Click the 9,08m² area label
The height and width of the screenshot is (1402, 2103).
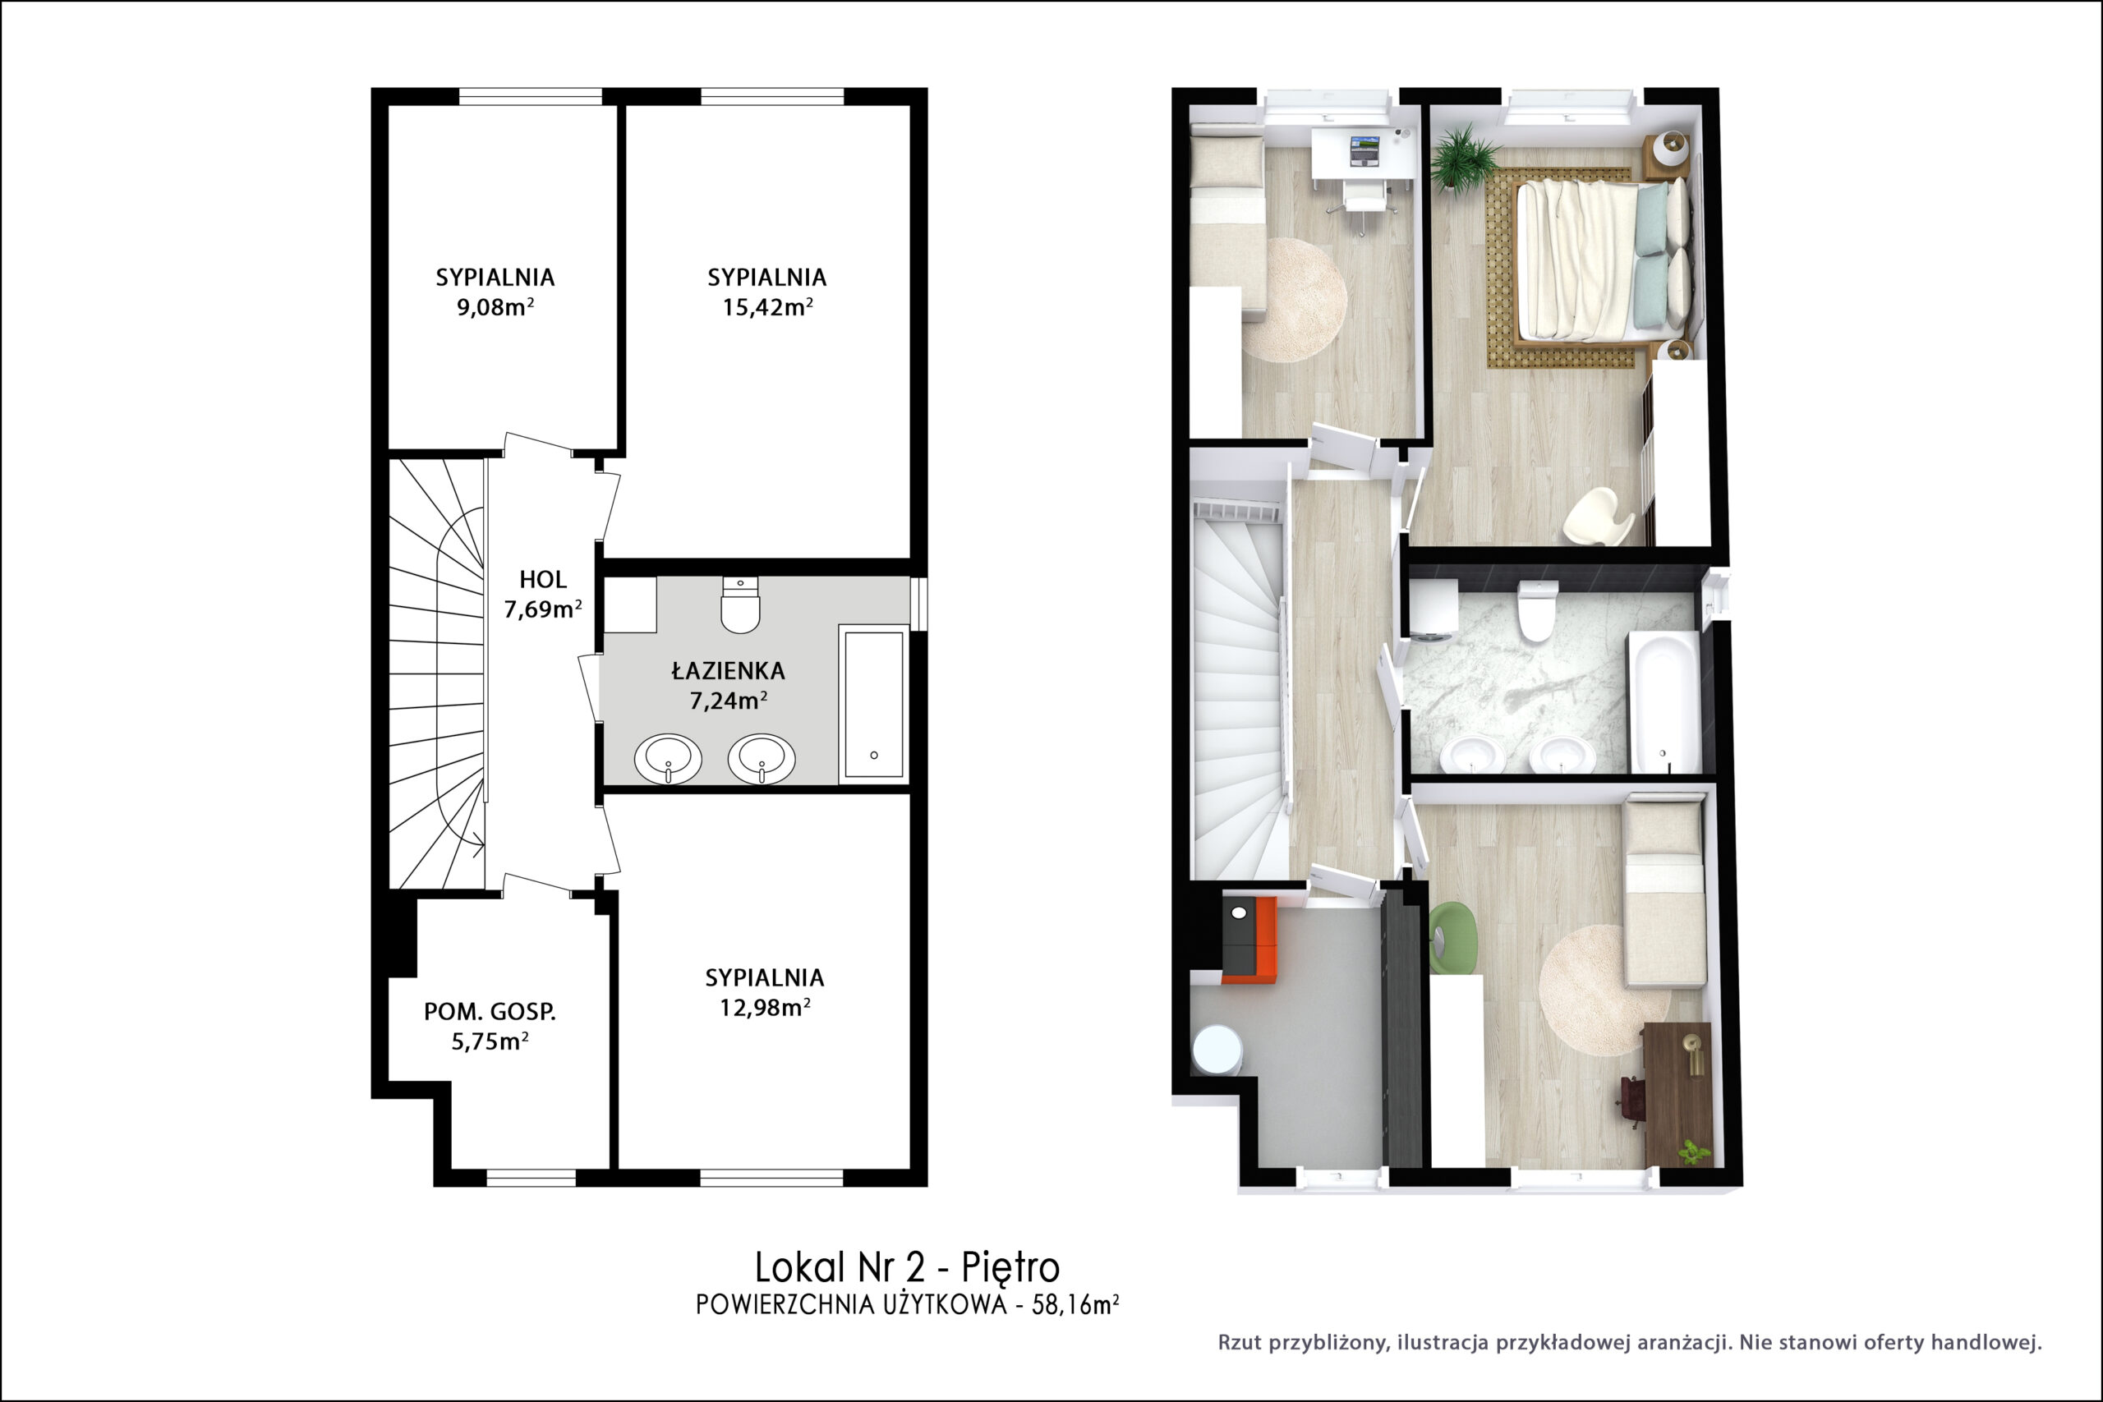click(495, 307)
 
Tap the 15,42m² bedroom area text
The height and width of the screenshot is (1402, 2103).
click(767, 307)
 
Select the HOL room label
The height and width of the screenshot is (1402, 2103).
click(543, 579)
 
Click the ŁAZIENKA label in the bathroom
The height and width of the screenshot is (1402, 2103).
click(728, 669)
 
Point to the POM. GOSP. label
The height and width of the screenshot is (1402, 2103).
click(489, 1011)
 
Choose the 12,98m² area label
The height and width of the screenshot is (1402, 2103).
click(765, 1008)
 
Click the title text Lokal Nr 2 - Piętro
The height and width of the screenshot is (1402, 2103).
click(907, 1267)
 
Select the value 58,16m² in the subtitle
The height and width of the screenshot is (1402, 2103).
click(1075, 1304)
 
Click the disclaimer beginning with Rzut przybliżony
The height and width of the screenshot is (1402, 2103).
click(1630, 1342)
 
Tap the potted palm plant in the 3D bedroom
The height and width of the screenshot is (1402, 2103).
click(1463, 159)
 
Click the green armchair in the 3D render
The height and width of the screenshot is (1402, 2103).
click(1452, 937)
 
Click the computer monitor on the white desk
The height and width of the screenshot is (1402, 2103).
click(1364, 149)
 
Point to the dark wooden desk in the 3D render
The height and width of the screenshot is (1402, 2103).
click(1677, 1095)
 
